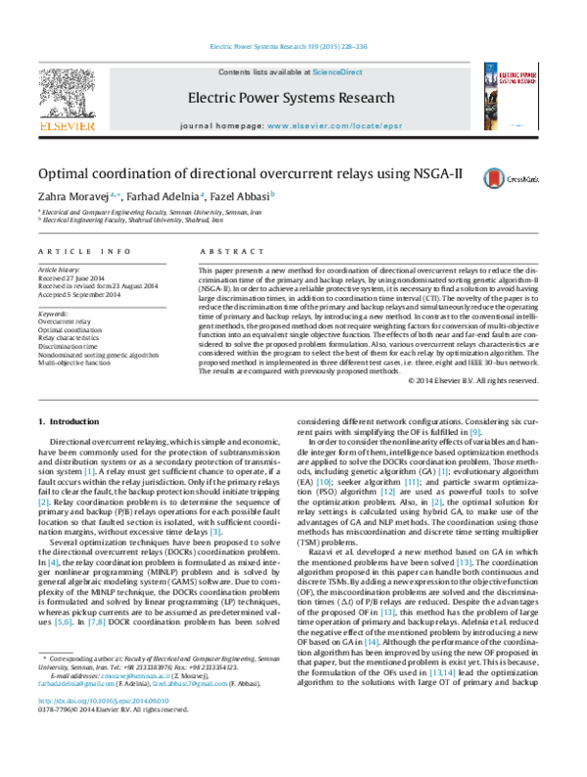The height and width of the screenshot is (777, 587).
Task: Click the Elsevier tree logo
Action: [66, 96]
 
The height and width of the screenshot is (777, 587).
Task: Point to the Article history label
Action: [61, 267]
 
